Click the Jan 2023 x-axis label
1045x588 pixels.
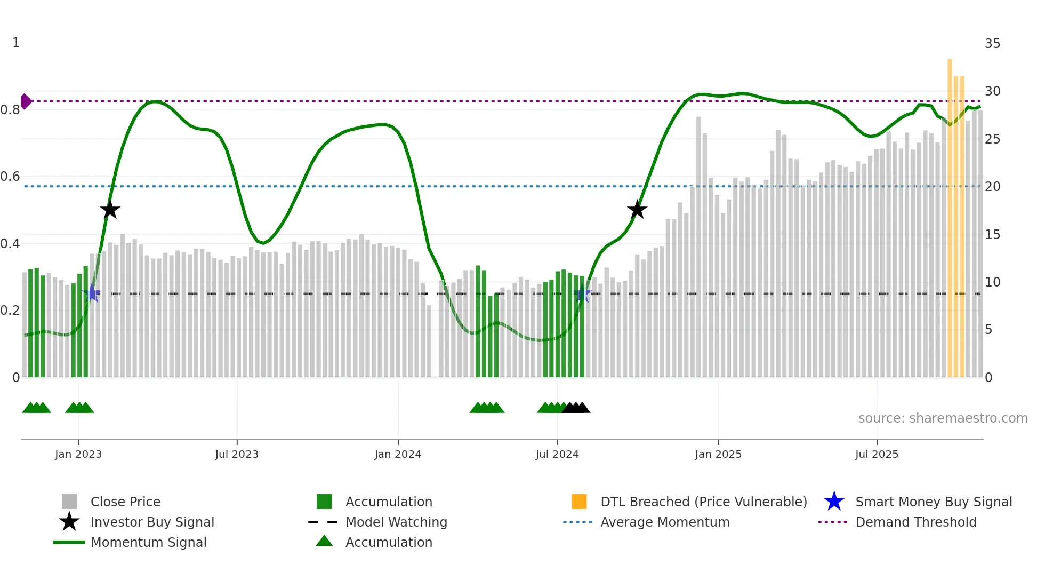point(78,454)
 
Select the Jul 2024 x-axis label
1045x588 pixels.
point(557,454)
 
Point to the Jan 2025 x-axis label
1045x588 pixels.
point(718,454)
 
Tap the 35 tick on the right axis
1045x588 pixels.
point(992,44)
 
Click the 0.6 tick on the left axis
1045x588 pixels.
point(10,177)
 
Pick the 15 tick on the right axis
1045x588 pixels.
point(992,235)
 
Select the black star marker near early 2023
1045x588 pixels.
point(110,210)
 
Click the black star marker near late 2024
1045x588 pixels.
point(637,210)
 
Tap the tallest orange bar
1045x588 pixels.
point(950,213)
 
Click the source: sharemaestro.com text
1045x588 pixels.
point(943,418)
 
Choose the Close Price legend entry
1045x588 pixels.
point(125,502)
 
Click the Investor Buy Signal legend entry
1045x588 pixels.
point(152,522)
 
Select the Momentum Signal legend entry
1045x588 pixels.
point(148,542)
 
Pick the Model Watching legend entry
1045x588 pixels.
point(396,522)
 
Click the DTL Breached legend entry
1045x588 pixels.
point(703,502)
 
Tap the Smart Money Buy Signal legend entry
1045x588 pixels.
point(934,502)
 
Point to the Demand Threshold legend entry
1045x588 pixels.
point(915,522)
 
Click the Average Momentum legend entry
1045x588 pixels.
point(665,522)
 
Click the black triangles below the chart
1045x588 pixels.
point(576,408)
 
